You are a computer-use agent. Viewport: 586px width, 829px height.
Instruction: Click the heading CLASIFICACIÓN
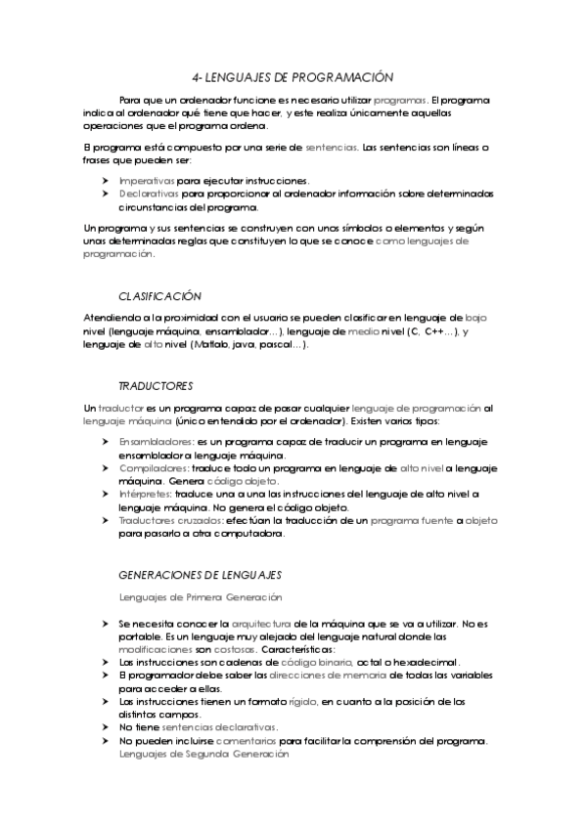(159, 295)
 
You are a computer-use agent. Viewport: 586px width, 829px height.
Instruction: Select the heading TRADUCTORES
(156, 386)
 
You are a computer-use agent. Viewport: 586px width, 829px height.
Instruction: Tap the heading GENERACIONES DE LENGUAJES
(200, 574)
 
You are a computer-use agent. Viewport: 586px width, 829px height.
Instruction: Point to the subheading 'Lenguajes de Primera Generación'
(201, 596)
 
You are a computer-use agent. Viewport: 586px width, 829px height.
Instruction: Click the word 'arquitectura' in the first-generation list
(253, 622)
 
